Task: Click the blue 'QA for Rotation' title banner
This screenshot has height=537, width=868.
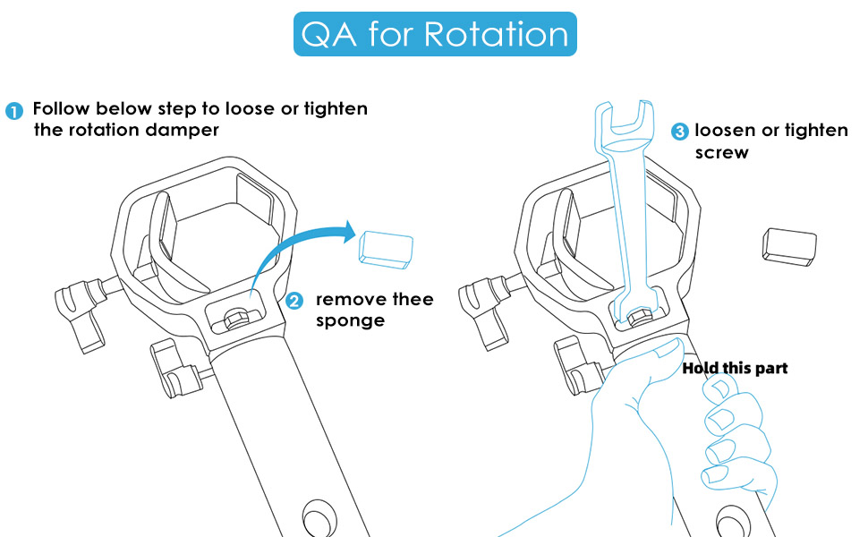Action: pyautogui.click(x=435, y=34)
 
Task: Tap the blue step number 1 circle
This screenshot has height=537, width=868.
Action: pyautogui.click(x=14, y=111)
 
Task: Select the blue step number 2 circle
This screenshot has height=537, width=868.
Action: pyautogui.click(x=294, y=301)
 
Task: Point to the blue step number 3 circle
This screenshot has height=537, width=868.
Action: pyautogui.click(x=679, y=132)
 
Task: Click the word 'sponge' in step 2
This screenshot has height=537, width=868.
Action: pyautogui.click(x=349, y=320)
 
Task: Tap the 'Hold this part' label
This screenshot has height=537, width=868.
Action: pyautogui.click(x=735, y=368)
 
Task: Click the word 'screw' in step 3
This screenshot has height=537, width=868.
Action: pyautogui.click(x=721, y=152)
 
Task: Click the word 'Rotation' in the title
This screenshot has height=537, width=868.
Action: pyautogui.click(x=496, y=34)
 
